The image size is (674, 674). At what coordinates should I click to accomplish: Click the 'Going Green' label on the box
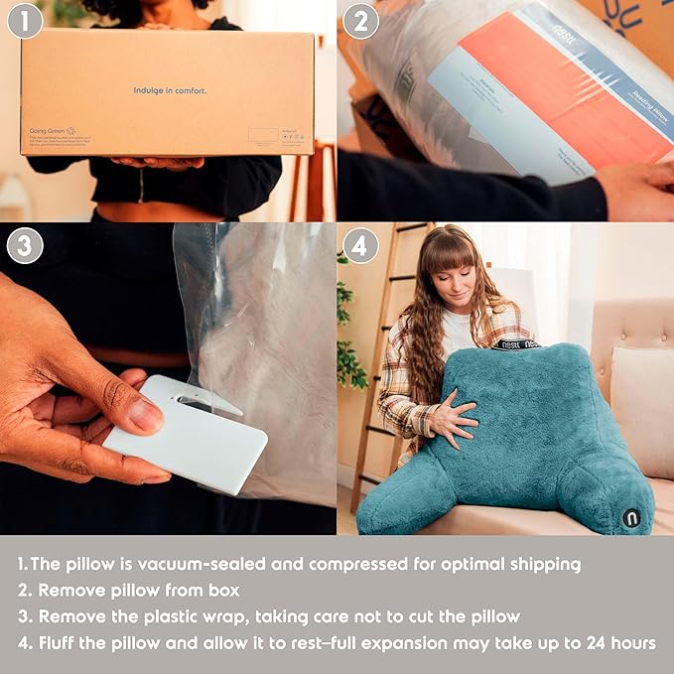click(x=48, y=130)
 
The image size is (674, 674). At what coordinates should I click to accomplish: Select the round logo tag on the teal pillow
click(x=631, y=517)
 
